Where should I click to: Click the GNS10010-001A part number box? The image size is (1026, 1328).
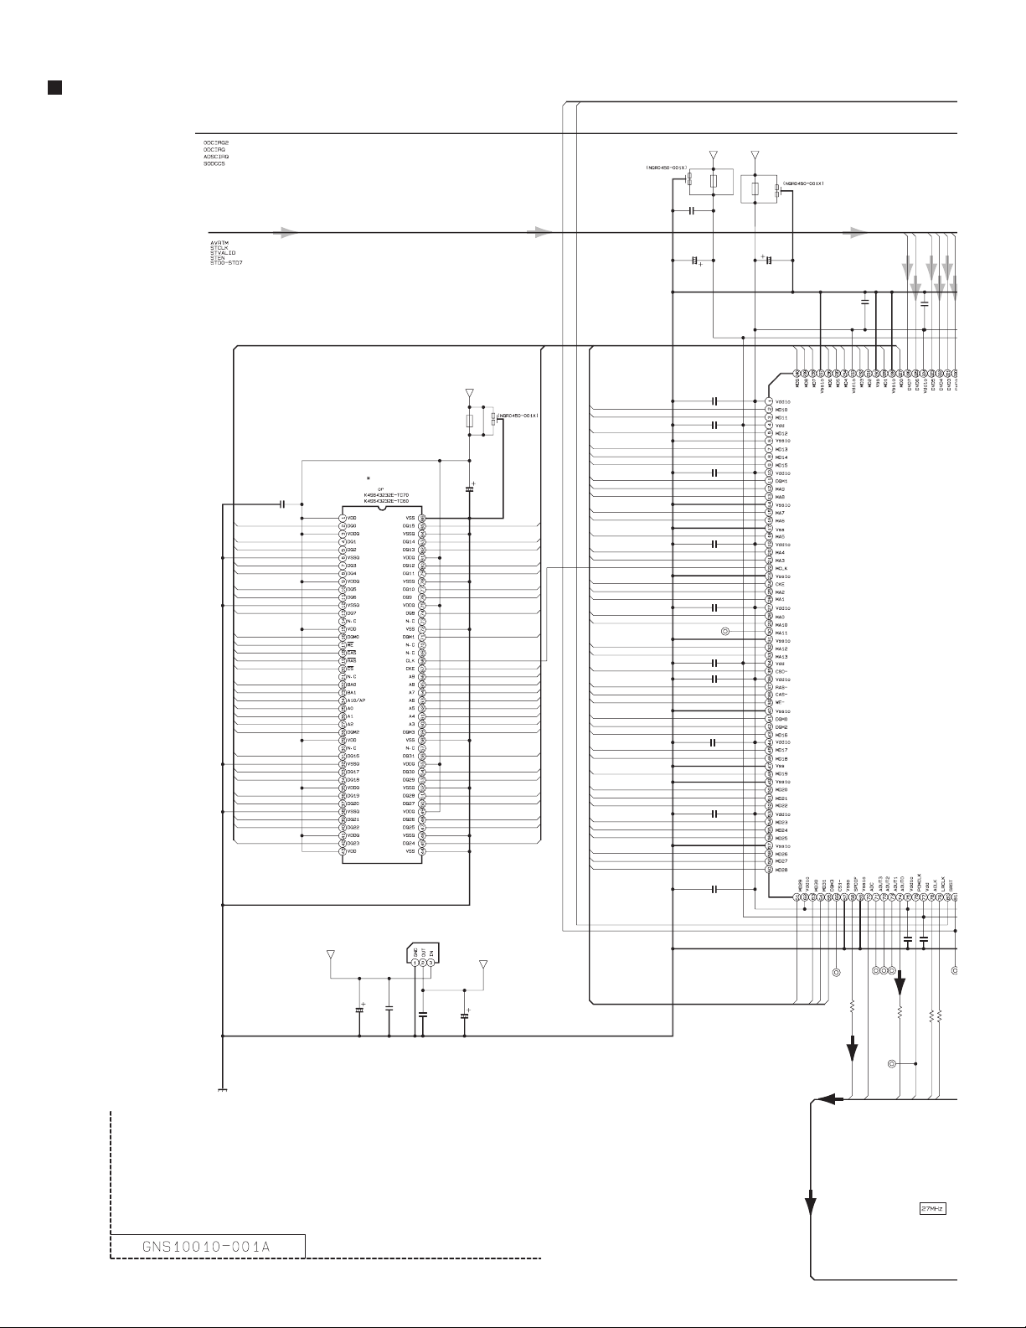click(x=208, y=1246)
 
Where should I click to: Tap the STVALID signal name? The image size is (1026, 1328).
click(x=223, y=253)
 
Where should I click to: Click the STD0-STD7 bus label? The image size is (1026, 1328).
click(x=227, y=263)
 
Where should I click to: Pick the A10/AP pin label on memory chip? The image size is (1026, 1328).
click(x=356, y=700)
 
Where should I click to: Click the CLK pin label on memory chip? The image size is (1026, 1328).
click(x=410, y=661)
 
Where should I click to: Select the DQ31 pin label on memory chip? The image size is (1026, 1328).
click(x=409, y=756)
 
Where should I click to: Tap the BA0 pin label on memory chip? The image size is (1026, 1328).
click(x=351, y=685)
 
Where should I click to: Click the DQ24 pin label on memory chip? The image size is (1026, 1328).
click(x=409, y=843)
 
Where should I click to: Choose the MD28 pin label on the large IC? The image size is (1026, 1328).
click(x=781, y=870)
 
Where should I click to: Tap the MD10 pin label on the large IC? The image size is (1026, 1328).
click(x=781, y=410)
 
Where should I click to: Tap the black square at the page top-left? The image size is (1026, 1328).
click(x=52, y=87)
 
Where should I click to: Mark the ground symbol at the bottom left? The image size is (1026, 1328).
click(x=222, y=1090)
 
